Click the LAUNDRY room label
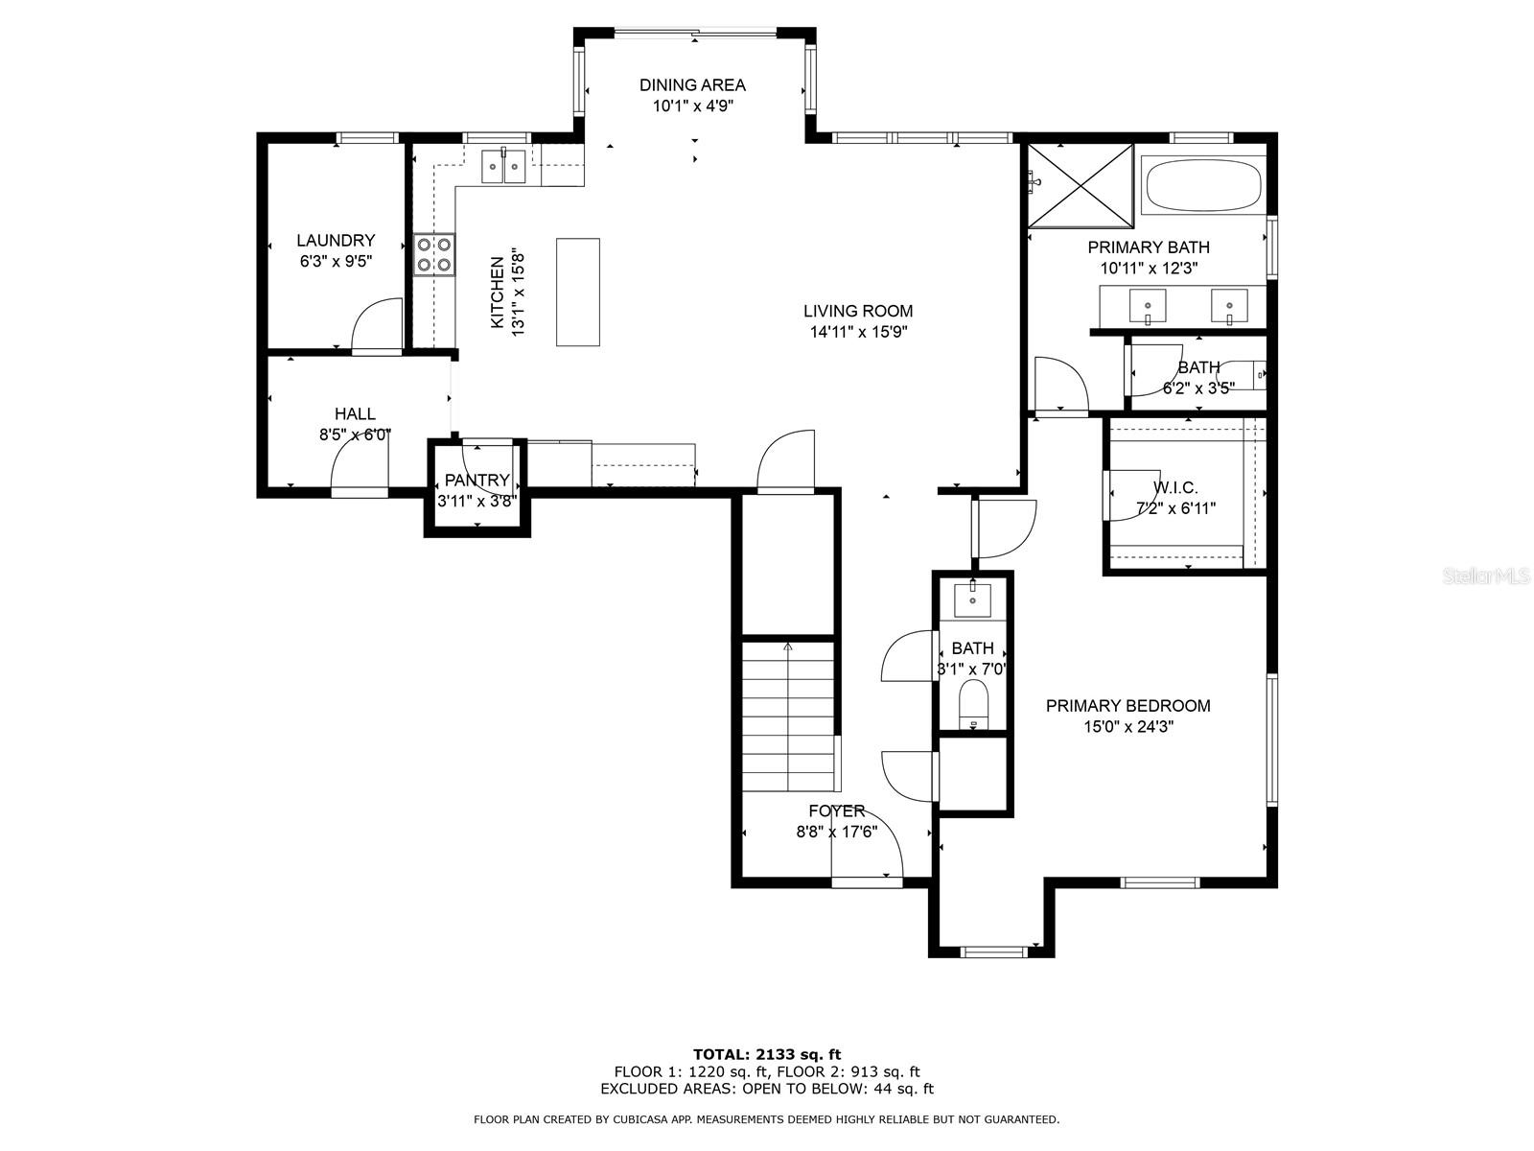pos(335,241)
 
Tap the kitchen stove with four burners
pos(434,254)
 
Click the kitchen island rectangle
pos(578,292)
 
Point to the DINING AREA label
pos(692,85)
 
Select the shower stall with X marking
pos(1081,185)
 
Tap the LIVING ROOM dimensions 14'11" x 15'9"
pos(858,333)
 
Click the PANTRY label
pos(476,481)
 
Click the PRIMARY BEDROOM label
pos(1127,706)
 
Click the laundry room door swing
pos(378,326)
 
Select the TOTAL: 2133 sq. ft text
pos(767,1054)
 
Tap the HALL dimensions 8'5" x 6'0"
pos(355,435)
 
